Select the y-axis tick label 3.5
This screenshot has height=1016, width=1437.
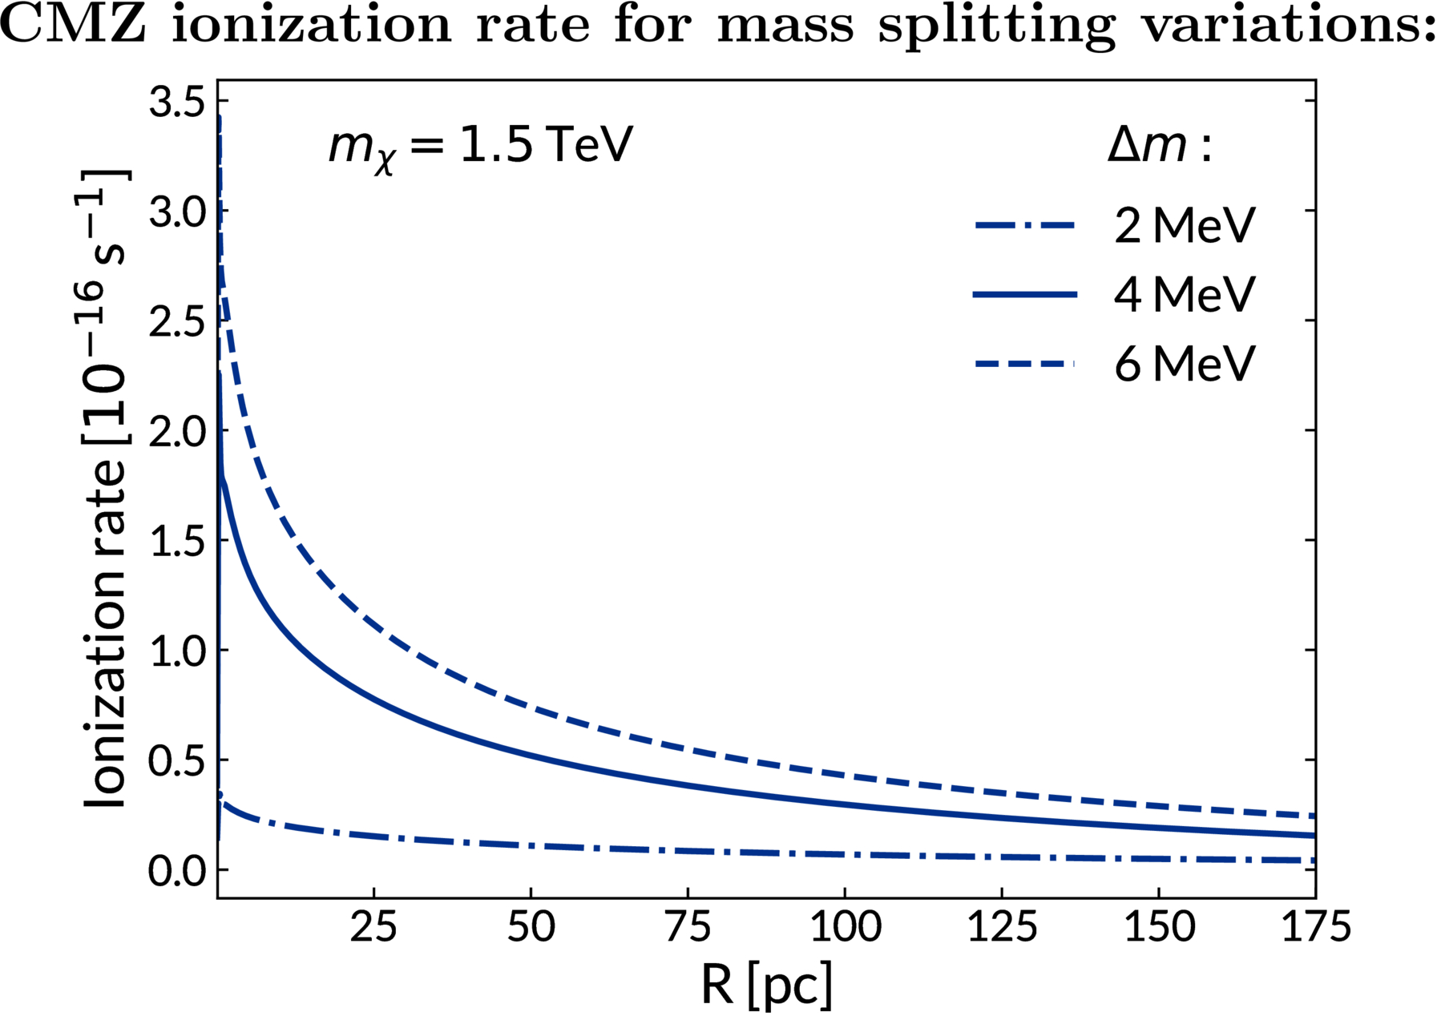(x=176, y=103)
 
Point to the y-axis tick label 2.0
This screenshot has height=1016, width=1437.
(x=176, y=431)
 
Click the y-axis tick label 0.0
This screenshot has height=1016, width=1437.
(x=176, y=871)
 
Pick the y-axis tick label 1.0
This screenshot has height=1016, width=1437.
(x=176, y=651)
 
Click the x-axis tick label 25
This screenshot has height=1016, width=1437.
(x=374, y=928)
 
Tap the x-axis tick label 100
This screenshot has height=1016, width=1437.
(x=845, y=928)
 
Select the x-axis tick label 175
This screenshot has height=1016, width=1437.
(x=1314, y=928)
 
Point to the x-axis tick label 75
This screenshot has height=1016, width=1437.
(x=688, y=928)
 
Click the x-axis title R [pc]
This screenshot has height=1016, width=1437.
(x=767, y=985)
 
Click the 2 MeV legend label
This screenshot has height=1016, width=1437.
(x=1184, y=226)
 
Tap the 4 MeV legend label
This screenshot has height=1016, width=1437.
(x=1184, y=295)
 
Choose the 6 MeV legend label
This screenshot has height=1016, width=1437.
(x=1184, y=365)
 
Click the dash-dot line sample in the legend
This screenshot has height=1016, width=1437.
(x=1024, y=226)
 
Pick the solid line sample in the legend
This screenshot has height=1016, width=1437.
(x=1024, y=295)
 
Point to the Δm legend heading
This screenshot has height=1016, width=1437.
(x=1159, y=147)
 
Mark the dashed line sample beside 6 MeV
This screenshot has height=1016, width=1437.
(x=1024, y=365)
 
